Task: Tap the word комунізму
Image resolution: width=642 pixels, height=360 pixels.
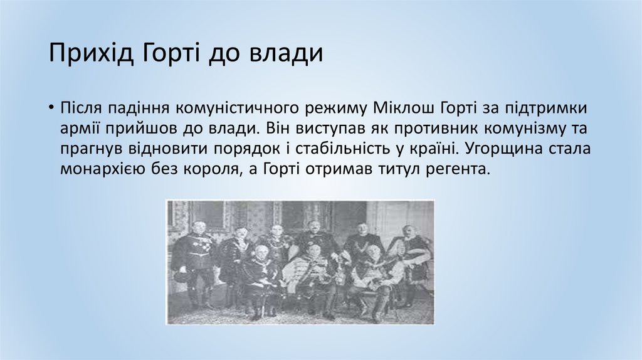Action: click(x=525, y=129)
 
